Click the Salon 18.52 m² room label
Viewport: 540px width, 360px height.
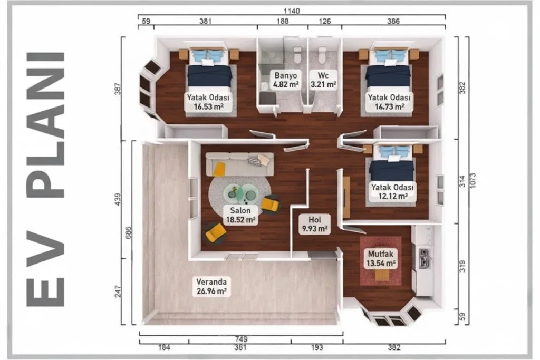point(240,215)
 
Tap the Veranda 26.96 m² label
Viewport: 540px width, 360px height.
point(211,286)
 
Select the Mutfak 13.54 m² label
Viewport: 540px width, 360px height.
point(381,259)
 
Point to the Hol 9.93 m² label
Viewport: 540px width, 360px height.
point(315,224)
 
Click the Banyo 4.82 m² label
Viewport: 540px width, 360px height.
point(285,80)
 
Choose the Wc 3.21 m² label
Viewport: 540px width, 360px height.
point(323,80)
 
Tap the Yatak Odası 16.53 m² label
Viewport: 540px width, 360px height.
point(208,102)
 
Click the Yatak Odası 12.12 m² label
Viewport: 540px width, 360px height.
point(392,192)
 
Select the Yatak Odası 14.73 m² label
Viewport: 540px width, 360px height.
point(389,102)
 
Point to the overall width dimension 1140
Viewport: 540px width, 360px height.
point(292,11)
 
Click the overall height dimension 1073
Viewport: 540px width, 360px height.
point(472,180)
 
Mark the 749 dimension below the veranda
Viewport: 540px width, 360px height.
point(241,339)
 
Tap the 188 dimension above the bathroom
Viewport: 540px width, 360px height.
point(283,21)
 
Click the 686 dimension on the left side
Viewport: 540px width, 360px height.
point(128,233)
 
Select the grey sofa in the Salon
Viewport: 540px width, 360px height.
point(240,164)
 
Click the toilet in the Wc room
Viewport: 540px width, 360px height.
point(322,55)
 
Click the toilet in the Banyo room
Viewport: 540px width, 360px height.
point(298,55)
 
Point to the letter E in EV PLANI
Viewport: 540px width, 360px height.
point(45,292)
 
